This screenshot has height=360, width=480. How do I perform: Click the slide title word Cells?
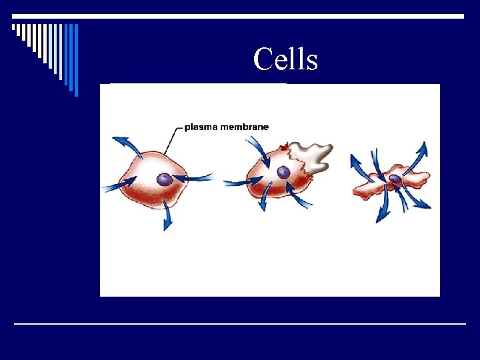[285, 59]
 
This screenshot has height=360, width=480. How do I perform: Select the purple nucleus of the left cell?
[164, 179]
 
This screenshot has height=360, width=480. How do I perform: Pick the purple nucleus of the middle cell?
[283, 173]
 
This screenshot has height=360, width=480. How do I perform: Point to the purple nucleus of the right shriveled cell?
[395, 179]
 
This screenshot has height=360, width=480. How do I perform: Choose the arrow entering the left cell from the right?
[196, 179]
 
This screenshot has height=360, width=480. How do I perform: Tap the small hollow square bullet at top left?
[13, 27]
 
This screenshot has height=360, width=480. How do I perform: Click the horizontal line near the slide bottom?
[240, 324]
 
